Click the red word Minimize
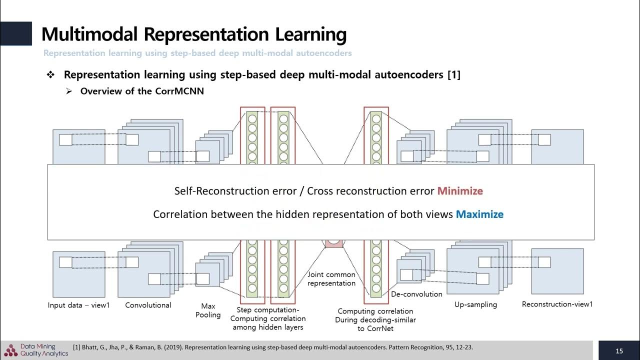(460, 191)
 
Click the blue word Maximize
(479, 214)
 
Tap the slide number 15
(619, 351)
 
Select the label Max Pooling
(208, 310)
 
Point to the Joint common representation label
(331, 279)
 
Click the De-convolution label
(416, 294)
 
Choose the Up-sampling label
(475, 304)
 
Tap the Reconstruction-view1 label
(557, 304)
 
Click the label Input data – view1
(78, 305)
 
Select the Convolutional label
(148, 305)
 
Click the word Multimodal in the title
(89, 34)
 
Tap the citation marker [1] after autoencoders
(454, 75)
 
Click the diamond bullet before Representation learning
(50, 75)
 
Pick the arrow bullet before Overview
(69, 91)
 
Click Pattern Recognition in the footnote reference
(400, 347)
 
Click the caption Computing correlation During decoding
(375, 319)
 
